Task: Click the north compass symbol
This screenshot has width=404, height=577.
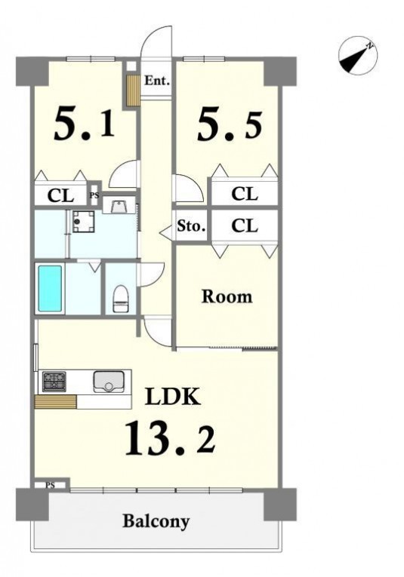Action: (x=358, y=56)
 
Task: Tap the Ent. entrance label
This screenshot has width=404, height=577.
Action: (x=157, y=81)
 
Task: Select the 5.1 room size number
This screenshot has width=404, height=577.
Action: (x=85, y=124)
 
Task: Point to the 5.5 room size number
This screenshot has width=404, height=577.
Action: (x=230, y=125)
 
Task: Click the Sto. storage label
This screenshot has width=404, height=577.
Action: (x=191, y=226)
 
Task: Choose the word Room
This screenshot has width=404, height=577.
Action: (x=227, y=296)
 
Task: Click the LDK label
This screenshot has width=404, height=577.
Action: (x=173, y=396)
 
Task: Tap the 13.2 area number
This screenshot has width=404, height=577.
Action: (x=170, y=439)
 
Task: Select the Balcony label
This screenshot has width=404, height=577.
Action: (x=156, y=521)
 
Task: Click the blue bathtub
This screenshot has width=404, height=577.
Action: (x=50, y=289)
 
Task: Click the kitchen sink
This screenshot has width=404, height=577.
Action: (x=108, y=382)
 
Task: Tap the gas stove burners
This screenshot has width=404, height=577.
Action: (x=54, y=382)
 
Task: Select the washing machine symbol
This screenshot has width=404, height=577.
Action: (x=83, y=221)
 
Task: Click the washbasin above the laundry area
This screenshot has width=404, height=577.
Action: (x=119, y=205)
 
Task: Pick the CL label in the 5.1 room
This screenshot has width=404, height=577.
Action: (x=60, y=196)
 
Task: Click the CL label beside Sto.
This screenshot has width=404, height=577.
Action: (x=245, y=226)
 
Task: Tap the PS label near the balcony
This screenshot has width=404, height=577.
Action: (x=50, y=485)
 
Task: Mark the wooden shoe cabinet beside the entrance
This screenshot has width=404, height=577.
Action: (x=134, y=91)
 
